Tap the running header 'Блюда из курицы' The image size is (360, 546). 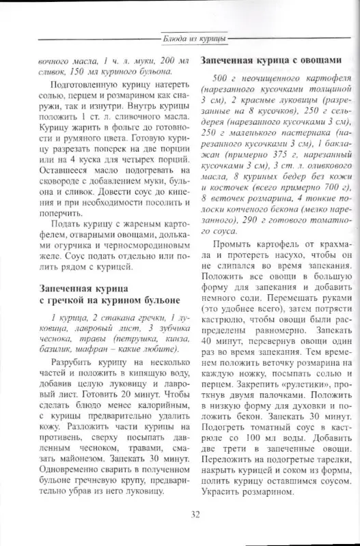194,39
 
